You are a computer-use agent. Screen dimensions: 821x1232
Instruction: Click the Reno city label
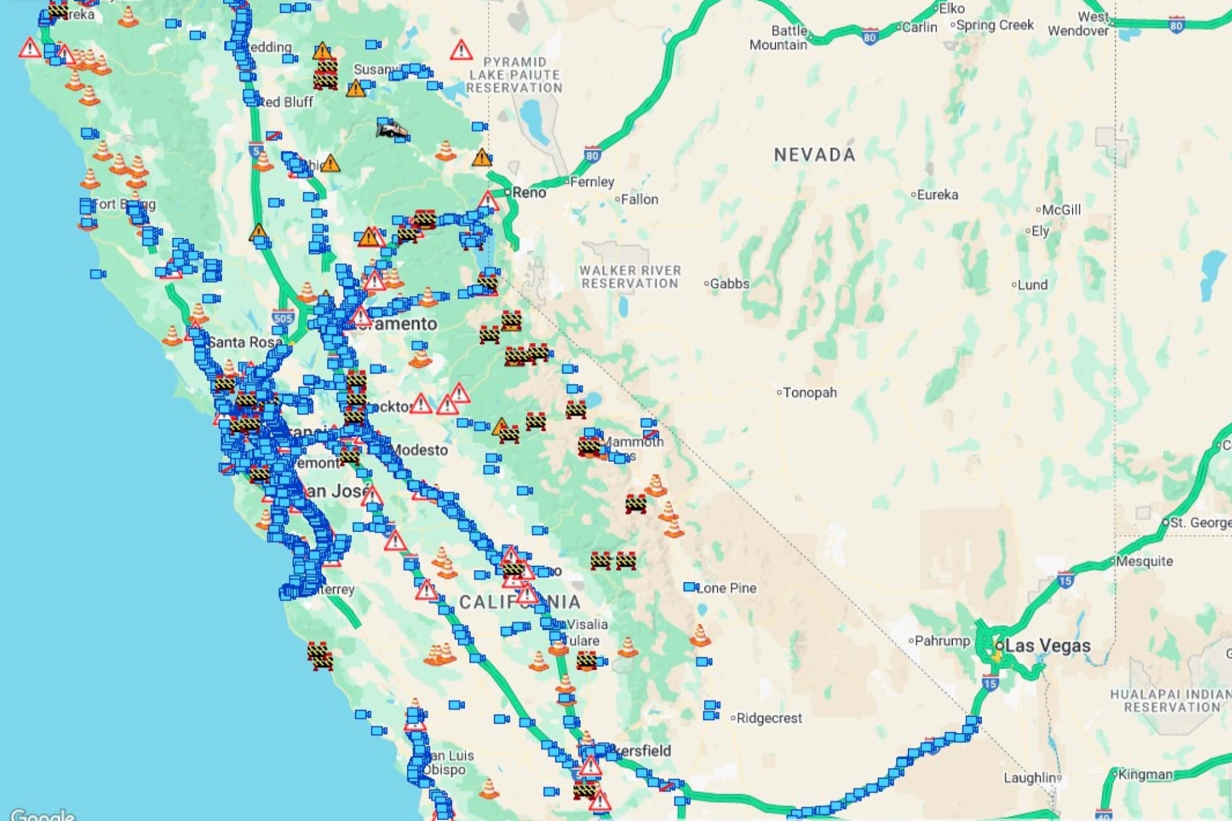pyautogui.click(x=529, y=193)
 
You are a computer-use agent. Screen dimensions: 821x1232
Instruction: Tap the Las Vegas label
pyautogui.click(x=1047, y=645)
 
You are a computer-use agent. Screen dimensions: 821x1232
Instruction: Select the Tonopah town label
pyautogui.click(x=809, y=392)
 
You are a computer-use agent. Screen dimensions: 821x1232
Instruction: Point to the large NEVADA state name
pyautogui.click(x=814, y=155)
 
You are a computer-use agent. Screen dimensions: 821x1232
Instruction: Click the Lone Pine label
pyautogui.click(x=727, y=588)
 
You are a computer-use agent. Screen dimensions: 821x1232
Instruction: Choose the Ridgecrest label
pyautogui.click(x=769, y=718)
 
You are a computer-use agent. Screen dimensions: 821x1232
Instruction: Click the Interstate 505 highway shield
pyautogui.click(x=283, y=318)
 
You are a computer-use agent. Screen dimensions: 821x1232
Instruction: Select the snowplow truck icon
pyautogui.click(x=392, y=129)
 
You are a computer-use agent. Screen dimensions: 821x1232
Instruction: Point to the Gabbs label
pyautogui.click(x=729, y=284)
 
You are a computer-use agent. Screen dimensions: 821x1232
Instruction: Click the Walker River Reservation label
pyautogui.click(x=630, y=277)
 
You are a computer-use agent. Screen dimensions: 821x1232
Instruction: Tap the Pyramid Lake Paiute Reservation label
pyautogui.click(x=514, y=75)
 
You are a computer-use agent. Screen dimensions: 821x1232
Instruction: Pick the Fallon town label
pyautogui.click(x=639, y=200)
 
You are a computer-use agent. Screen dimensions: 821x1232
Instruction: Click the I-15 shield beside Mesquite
pyautogui.click(x=1066, y=580)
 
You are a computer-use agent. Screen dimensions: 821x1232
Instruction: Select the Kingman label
pyautogui.click(x=1145, y=774)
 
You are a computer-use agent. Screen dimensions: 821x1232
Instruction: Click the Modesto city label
pyautogui.click(x=420, y=450)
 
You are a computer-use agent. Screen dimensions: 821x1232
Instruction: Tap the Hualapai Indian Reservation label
pyautogui.click(x=1172, y=701)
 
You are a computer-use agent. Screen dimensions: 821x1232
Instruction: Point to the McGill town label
pyautogui.click(x=1061, y=210)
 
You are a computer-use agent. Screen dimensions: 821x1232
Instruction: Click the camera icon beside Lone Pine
pyautogui.click(x=691, y=587)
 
